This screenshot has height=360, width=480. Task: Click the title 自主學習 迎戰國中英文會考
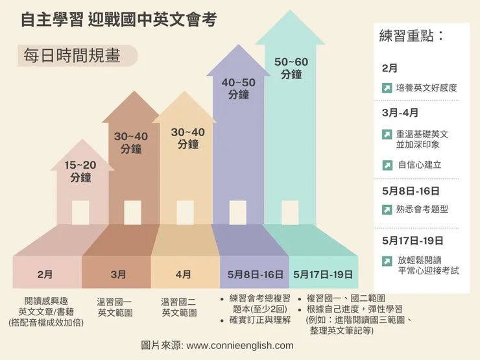[118, 20]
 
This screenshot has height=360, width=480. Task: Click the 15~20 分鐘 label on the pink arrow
[80, 171]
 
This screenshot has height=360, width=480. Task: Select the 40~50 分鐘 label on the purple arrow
[239, 89]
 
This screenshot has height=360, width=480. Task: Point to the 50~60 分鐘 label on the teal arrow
[292, 68]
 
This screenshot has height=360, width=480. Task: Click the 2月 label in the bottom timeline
[45, 274]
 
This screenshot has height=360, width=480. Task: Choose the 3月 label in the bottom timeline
[118, 274]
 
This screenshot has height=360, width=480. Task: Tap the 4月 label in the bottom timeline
[184, 274]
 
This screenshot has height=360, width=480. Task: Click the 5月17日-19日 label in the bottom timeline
[323, 274]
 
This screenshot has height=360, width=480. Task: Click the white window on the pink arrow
[80, 212]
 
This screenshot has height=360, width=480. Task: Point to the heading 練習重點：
[413, 36]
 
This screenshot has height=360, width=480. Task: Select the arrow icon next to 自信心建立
[387, 165]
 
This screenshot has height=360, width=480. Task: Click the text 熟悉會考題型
[422, 210]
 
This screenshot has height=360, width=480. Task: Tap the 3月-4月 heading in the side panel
[400, 112]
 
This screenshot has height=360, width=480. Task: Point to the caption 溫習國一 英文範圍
[115, 307]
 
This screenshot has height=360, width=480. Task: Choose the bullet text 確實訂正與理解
[259, 320]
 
